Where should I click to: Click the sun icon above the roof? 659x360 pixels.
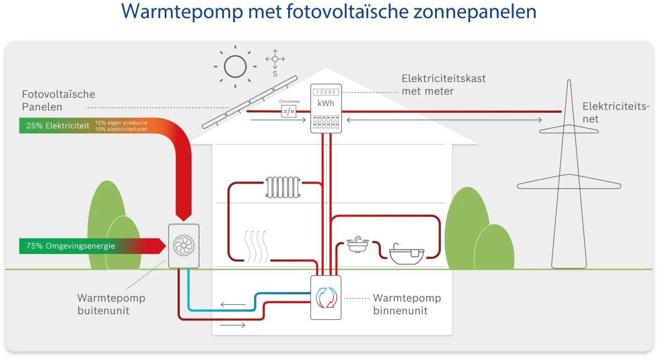(x=235, y=66)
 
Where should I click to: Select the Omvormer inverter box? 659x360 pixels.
(x=288, y=112)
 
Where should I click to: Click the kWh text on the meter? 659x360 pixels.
(x=326, y=103)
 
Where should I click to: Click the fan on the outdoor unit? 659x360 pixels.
(x=183, y=246)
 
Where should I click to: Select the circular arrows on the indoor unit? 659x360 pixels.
(x=326, y=297)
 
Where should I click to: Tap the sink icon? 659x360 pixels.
(x=357, y=244)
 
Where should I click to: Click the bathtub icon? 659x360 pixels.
(x=406, y=253)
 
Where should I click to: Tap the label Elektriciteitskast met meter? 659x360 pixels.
(x=443, y=84)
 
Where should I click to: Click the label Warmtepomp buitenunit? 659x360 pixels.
(x=111, y=304)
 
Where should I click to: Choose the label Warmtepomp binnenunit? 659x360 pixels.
(x=407, y=304)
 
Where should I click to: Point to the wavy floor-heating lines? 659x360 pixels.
(x=257, y=246)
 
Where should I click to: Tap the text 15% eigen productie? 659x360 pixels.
(x=121, y=122)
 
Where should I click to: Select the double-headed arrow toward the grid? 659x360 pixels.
(x=445, y=120)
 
